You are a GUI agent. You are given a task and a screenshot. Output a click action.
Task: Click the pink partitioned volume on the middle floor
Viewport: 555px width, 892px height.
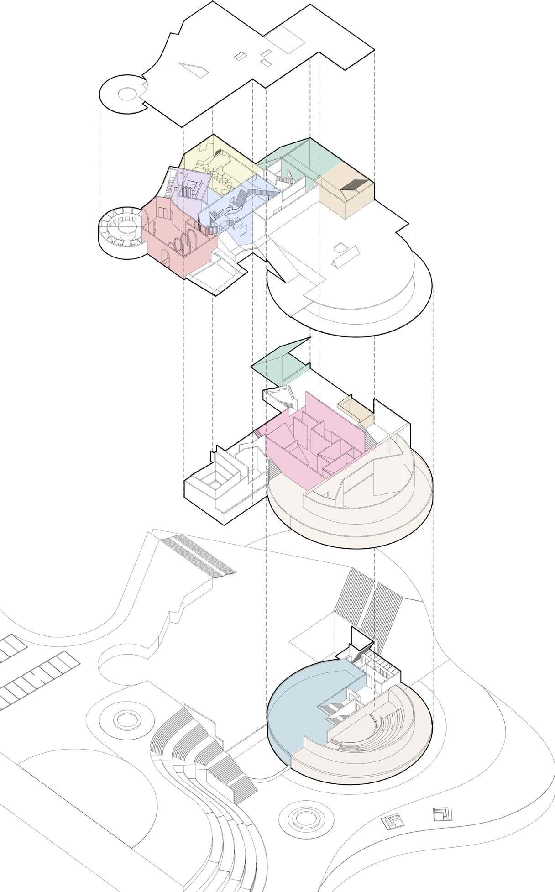pos(315,438)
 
